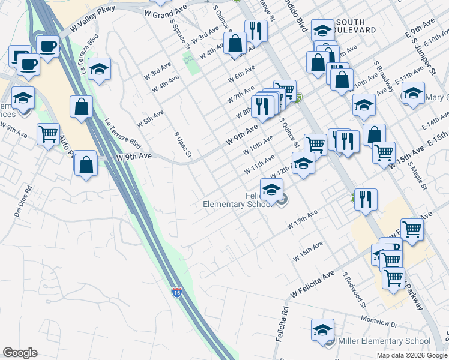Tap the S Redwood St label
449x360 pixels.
(354, 289)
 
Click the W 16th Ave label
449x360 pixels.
(309, 251)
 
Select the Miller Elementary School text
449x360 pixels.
(385, 341)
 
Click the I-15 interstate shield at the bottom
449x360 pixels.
(176, 292)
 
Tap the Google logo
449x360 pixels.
(20, 353)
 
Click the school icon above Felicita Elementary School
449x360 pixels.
(272, 189)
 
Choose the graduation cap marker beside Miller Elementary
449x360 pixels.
(322, 329)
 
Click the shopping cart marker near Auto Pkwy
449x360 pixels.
(48, 134)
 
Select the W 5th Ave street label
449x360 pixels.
(149, 118)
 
